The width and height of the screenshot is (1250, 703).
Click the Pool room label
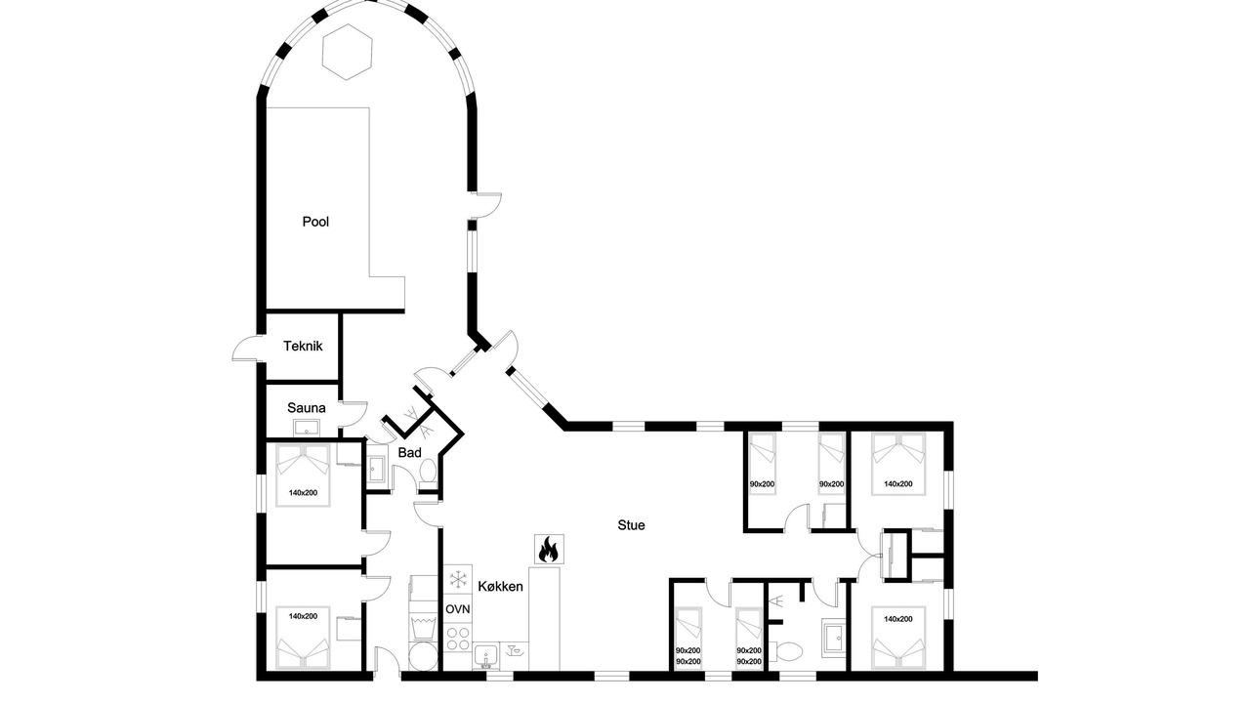tap(315, 222)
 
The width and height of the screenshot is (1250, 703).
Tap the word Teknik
tap(303, 346)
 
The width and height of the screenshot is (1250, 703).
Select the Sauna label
tap(307, 408)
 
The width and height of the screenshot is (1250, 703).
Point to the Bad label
tap(409, 452)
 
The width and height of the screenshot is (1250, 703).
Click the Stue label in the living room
tap(631, 525)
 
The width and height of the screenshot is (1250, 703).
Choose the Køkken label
tap(501, 587)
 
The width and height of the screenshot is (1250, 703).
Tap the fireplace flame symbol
tap(549, 549)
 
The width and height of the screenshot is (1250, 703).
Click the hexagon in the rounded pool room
tap(347, 52)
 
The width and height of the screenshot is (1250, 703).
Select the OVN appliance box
tap(458, 609)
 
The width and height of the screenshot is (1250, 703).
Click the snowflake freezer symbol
tap(458, 580)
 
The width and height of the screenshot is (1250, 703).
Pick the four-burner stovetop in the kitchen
tap(458, 639)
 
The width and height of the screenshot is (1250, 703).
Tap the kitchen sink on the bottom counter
tap(487, 657)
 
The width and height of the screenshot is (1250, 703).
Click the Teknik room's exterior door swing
tap(245, 349)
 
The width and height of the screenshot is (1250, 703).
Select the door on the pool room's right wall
tap(487, 205)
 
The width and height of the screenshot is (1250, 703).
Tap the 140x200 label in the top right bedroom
tap(897, 483)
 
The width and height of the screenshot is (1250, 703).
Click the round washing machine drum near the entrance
tap(423, 656)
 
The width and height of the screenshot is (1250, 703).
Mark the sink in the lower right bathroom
tap(835, 637)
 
